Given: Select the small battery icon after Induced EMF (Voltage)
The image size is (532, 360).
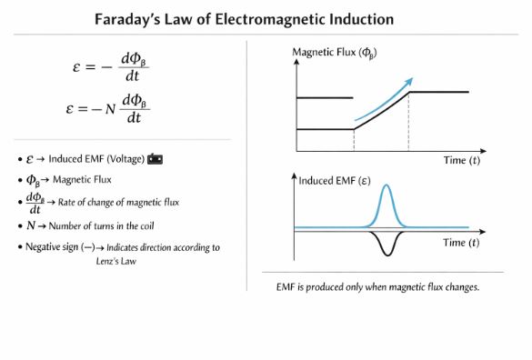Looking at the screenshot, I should click(156, 159).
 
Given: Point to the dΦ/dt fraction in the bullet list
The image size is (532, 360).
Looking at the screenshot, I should click(35, 203).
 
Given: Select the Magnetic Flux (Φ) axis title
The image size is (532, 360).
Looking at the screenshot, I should click(334, 52).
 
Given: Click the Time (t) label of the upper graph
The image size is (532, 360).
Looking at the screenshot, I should click(462, 161).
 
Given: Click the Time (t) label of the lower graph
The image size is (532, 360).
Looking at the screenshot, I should click(462, 243).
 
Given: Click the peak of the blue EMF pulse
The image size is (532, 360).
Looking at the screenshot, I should click(387, 186).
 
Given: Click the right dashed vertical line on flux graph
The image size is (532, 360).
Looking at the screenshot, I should click(408, 122).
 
